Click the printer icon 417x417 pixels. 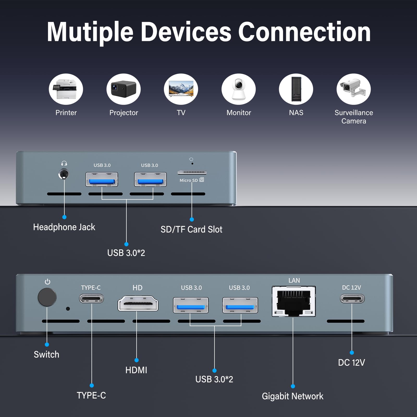(66, 89)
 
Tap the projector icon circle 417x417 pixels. (124, 89)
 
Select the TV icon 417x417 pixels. (181, 89)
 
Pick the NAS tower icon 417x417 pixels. (296, 89)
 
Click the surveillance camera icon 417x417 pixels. (353, 89)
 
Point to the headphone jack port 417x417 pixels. (64, 174)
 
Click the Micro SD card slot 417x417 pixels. (192, 172)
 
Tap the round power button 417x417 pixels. (47, 297)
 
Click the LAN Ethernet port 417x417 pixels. (294, 301)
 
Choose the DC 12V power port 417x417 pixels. (352, 298)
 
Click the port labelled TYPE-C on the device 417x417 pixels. (91, 298)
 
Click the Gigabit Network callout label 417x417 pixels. (292, 396)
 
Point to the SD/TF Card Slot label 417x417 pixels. (191, 229)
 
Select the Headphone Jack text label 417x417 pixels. (64, 227)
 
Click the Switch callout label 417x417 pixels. (46, 354)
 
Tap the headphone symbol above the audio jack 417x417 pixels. (64, 163)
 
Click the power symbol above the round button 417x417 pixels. (47, 282)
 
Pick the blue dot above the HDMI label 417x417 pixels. (137, 360)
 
